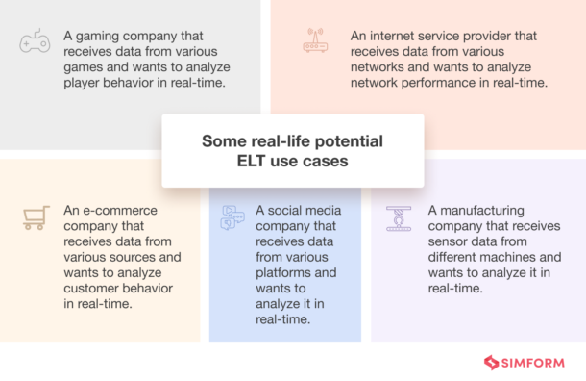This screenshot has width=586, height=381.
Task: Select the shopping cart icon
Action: [x=36, y=217]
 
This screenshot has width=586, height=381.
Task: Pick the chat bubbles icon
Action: [x=233, y=217]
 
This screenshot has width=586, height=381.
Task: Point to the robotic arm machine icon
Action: [x=396, y=217]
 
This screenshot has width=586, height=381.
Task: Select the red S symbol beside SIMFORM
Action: [x=494, y=363]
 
